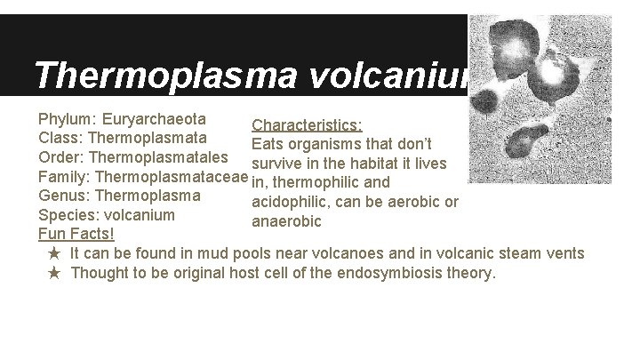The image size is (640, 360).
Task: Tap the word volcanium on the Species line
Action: pyautogui.click(x=142, y=215)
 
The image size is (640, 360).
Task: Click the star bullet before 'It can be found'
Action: pyautogui.click(x=54, y=254)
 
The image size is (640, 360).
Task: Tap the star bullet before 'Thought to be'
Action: pyautogui.click(x=54, y=274)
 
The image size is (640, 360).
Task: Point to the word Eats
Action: pyautogui.click(x=269, y=145)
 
